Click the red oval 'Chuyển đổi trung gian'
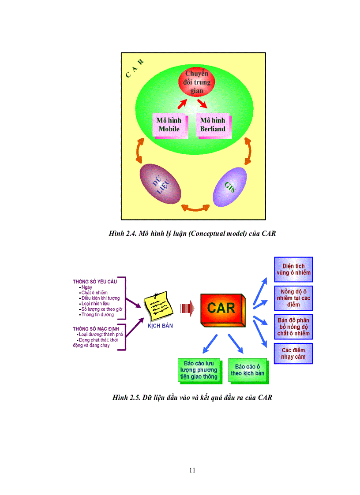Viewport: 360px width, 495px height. (197, 82)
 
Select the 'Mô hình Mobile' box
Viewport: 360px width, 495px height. (170, 125)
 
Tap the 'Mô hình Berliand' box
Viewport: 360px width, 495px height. (213, 125)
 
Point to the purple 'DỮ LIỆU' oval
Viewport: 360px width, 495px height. (161, 184)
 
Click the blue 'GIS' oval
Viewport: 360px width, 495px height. (230, 186)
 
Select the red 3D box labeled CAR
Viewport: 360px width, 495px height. (222, 308)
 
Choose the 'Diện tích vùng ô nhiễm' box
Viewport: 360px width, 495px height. (293, 269)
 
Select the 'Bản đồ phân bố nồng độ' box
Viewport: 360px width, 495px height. (293, 327)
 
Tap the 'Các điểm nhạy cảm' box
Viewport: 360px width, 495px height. (293, 354)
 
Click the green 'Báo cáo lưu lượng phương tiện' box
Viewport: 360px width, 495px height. (199, 370)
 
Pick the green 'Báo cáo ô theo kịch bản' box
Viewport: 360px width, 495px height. (247, 370)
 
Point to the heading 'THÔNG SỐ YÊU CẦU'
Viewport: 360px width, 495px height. (92, 281)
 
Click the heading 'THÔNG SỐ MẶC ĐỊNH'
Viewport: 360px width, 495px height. (92, 329)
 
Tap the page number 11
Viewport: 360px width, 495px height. (192, 470)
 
